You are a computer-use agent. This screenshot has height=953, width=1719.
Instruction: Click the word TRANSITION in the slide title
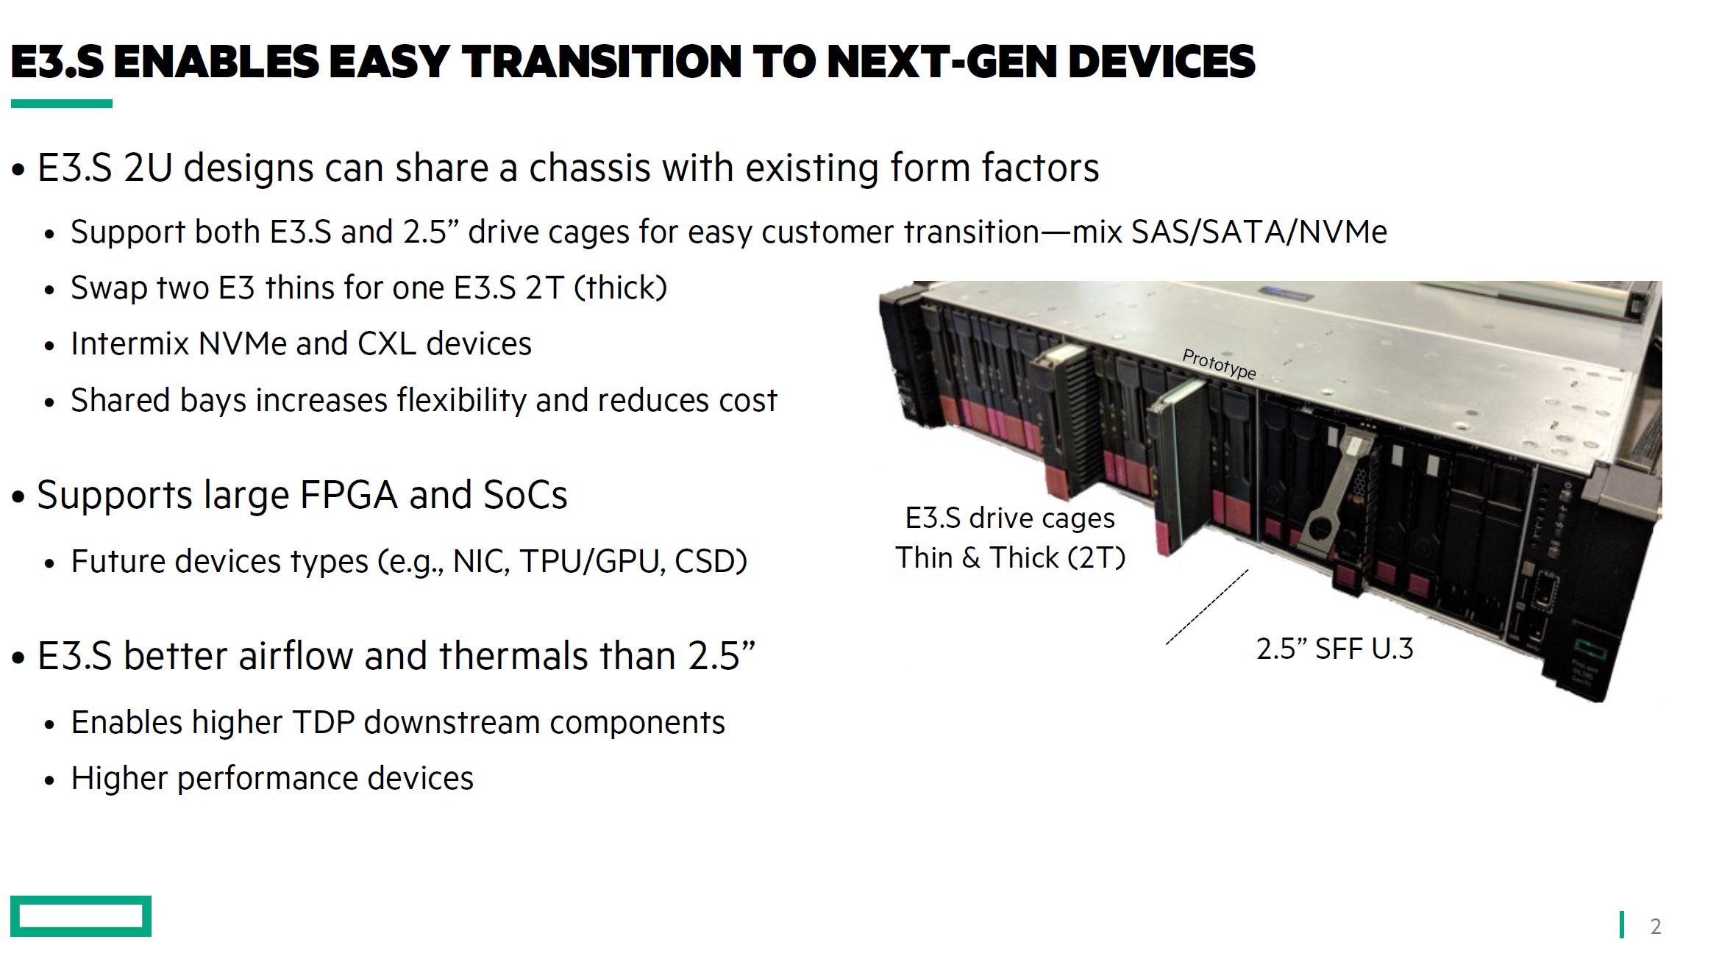pos(601,61)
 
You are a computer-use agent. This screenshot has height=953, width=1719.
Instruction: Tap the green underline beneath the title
pos(62,104)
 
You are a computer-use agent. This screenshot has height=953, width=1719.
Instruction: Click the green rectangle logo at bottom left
pos(81,915)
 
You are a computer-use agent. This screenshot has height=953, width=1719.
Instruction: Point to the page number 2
pos(1655,926)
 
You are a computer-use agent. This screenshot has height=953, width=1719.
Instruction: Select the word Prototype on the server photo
pos(1219,363)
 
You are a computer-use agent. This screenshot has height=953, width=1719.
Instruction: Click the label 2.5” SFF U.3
pos(1334,649)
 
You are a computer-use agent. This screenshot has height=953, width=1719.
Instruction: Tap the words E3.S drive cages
pos(1010,518)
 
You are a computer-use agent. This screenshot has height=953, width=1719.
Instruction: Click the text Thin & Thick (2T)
pos(1010,557)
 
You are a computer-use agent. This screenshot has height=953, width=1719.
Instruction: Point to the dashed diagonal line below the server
pos(1207,607)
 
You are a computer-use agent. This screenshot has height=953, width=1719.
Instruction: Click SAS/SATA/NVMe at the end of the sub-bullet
pos(1259,232)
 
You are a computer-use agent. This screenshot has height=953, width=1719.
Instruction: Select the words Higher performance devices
pos(272,778)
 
